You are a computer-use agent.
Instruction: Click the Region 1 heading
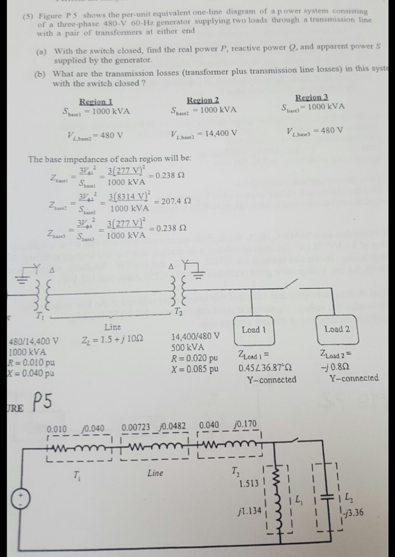[96, 102]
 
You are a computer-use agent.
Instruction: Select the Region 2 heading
[203, 100]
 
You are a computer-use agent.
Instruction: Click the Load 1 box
[254, 330]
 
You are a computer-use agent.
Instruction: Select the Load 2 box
[337, 329]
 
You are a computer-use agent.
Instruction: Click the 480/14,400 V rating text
[34, 342]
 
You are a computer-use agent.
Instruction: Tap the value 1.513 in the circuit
[249, 483]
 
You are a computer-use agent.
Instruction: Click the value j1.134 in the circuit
[248, 511]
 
